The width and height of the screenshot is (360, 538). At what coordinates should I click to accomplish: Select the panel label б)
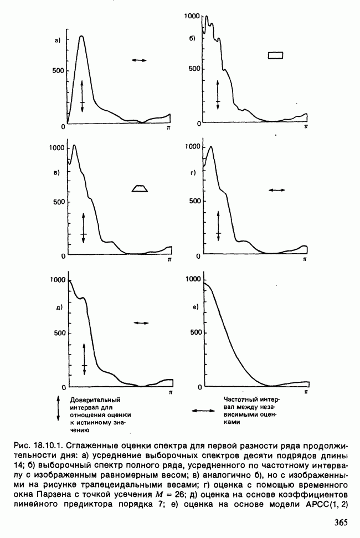coord(192,38)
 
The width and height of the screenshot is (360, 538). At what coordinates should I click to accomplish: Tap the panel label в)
coord(56,173)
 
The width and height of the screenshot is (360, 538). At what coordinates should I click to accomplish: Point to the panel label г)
coord(193,173)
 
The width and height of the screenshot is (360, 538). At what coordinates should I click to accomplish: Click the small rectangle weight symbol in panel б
coord(275,55)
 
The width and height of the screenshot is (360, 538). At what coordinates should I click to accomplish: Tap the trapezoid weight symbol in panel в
coord(140,188)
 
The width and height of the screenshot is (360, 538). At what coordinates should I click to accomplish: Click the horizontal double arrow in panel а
coord(140,59)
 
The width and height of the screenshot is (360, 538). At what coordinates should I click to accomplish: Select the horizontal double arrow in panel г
coord(276,190)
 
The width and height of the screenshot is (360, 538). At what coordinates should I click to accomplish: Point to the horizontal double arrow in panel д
coord(141,322)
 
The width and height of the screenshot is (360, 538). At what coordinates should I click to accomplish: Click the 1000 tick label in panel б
coord(192,17)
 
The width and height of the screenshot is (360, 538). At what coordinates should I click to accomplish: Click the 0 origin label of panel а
coord(63,127)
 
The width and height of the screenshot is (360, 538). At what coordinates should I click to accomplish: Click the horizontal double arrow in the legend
coord(203,411)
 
